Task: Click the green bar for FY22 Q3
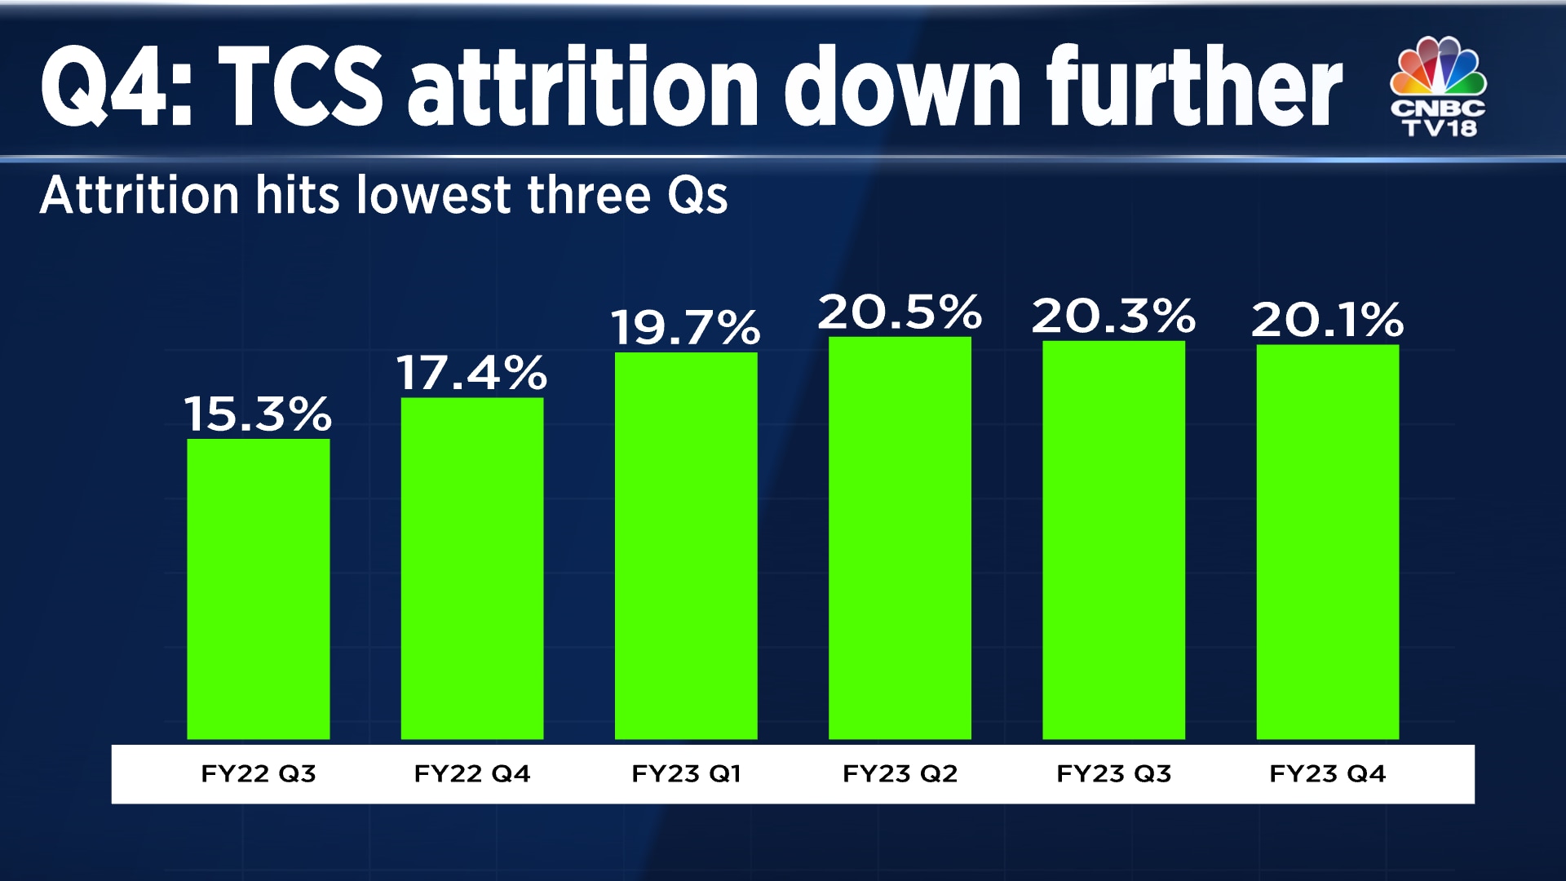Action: click(x=258, y=589)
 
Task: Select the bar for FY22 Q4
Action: click(x=471, y=569)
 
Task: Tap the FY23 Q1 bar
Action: click(x=685, y=546)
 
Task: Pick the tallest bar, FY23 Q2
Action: click(x=900, y=538)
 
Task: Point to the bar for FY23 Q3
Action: click(x=1113, y=540)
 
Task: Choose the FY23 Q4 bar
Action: click(x=1327, y=542)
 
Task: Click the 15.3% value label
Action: click(x=258, y=414)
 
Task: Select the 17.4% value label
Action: click(x=471, y=373)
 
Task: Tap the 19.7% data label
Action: click(x=685, y=327)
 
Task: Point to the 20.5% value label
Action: click(x=900, y=312)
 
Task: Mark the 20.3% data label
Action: click(x=1113, y=316)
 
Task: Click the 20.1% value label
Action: click(x=1327, y=319)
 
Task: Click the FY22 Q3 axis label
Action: click(x=258, y=773)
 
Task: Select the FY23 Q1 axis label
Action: click(x=685, y=773)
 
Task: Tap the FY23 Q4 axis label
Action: click(x=1327, y=773)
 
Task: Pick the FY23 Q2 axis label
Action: click(x=900, y=773)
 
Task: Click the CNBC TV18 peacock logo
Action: click(x=1438, y=86)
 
